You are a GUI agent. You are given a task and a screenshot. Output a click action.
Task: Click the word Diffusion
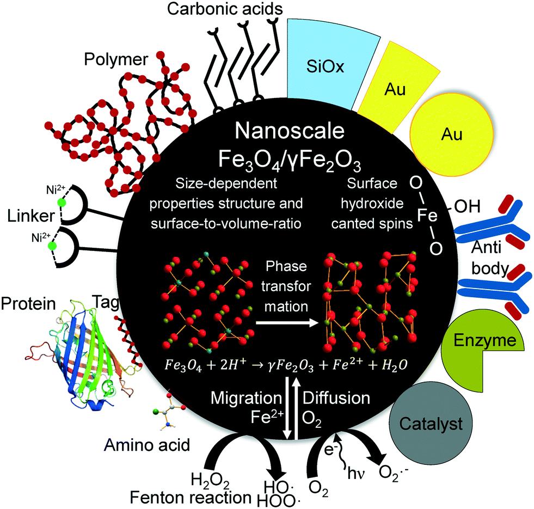click(x=336, y=397)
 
